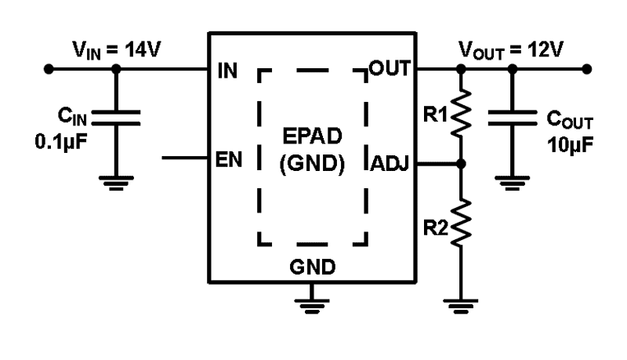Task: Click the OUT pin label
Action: coord(390,69)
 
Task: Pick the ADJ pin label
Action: coord(390,164)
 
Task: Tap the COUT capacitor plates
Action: coord(512,118)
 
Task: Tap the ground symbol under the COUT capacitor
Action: coord(512,184)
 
